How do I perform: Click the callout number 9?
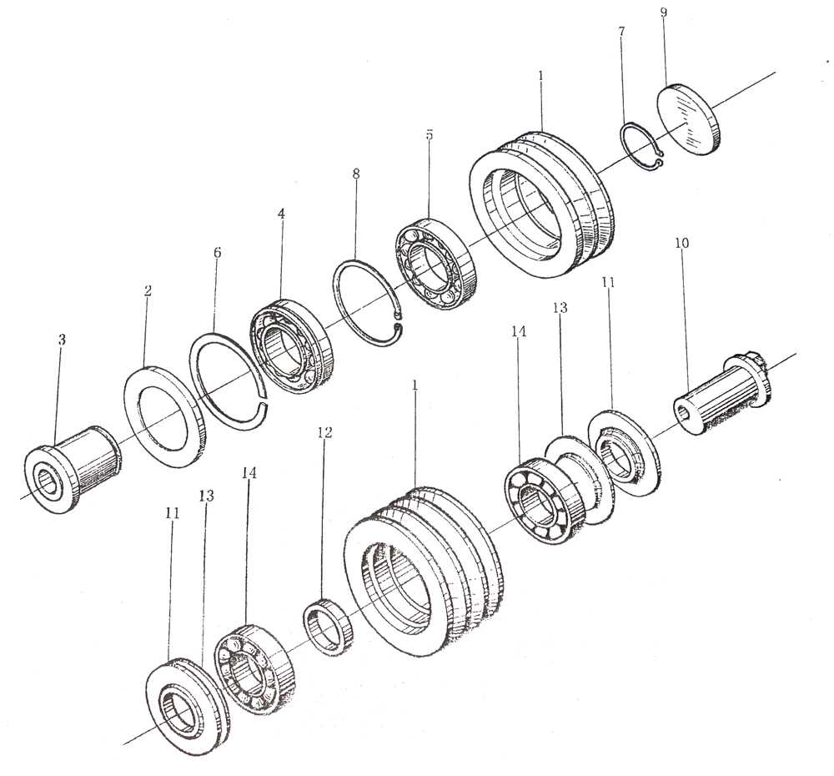pos(663,13)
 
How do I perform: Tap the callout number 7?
pos(622,32)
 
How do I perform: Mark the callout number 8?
pos(356,174)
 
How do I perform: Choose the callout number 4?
pos(282,214)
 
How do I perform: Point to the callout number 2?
pos(148,291)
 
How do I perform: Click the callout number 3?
pos(62,340)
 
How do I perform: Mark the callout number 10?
pos(682,243)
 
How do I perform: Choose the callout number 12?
pos(324,432)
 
